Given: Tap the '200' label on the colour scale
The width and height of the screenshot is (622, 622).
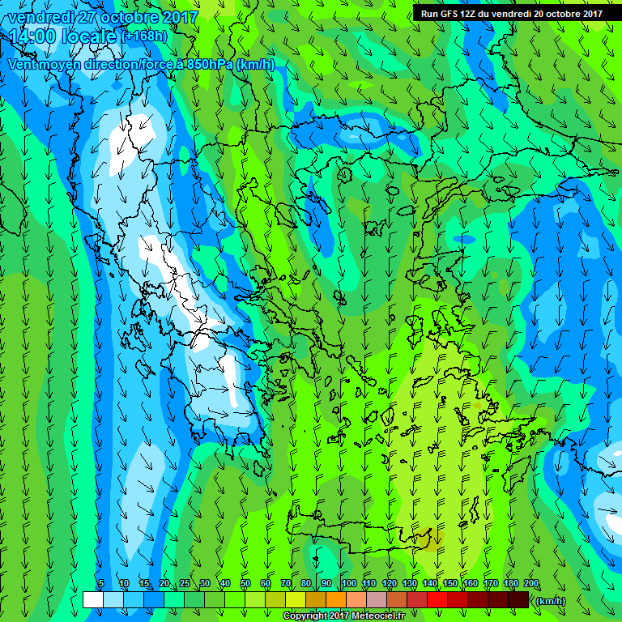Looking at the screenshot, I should pyautogui.click(x=531, y=583).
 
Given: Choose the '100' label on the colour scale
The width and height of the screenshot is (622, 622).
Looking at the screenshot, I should pyautogui.click(x=348, y=583).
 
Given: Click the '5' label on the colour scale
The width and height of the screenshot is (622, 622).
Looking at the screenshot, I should pyautogui.click(x=101, y=583).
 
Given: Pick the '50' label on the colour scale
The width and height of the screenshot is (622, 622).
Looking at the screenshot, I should pyautogui.click(x=245, y=583).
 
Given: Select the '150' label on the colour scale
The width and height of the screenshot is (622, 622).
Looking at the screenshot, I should pyautogui.click(x=450, y=583).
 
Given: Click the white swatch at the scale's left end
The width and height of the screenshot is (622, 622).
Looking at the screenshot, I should pyautogui.click(x=92, y=599).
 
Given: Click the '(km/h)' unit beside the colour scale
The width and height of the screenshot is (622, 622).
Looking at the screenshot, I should pyautogui.click(x=550, y=600).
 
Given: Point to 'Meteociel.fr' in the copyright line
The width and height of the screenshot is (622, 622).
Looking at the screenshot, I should pyautogui.click(x=372, y=616).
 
